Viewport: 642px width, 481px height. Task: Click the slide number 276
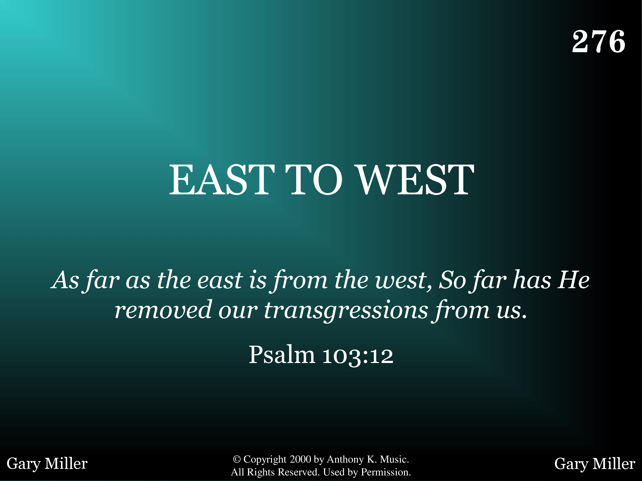(x=599, y=41)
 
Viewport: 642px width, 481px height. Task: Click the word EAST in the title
(x=222, y=180)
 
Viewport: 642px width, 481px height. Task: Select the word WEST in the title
(x=415, y=180)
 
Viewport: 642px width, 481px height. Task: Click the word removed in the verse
(x=163, y=310)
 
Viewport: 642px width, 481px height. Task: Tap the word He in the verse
(x=574, y=280)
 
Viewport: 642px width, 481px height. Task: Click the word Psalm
(x=282, y=355)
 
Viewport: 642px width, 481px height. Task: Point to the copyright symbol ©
(x=237, y=459)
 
